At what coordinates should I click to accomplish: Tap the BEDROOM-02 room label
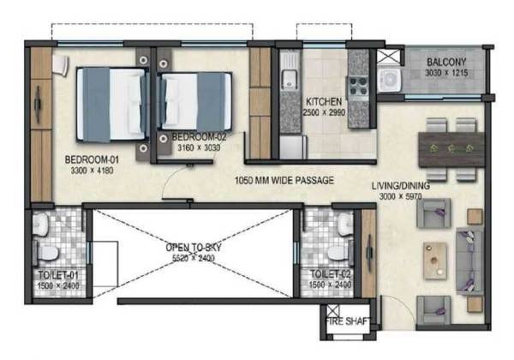198,136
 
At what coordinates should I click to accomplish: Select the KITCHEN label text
325,102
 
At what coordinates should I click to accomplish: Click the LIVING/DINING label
400,185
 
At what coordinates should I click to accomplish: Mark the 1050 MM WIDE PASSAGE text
284,180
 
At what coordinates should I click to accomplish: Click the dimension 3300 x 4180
93,171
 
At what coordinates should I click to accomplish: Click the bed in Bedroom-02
195,99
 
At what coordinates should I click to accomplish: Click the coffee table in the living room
436,255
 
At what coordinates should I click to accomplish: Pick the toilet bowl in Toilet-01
50,253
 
